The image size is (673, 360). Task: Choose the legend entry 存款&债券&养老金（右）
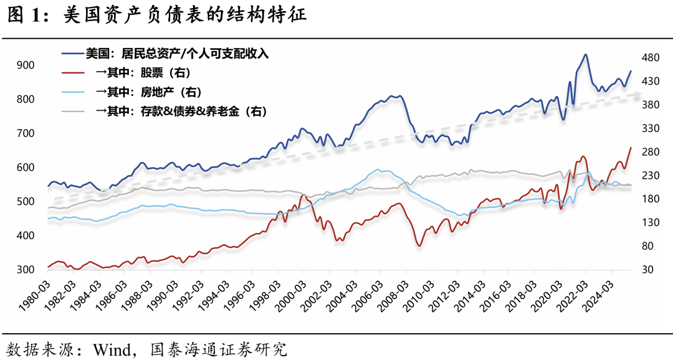[181, 111]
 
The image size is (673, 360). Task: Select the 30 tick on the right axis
[648, 269]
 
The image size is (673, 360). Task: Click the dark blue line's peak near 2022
[585, 54]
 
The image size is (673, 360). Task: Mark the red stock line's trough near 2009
[419, 245]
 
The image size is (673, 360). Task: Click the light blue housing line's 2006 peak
[376, 169]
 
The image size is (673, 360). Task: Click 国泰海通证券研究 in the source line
[219, 347]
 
